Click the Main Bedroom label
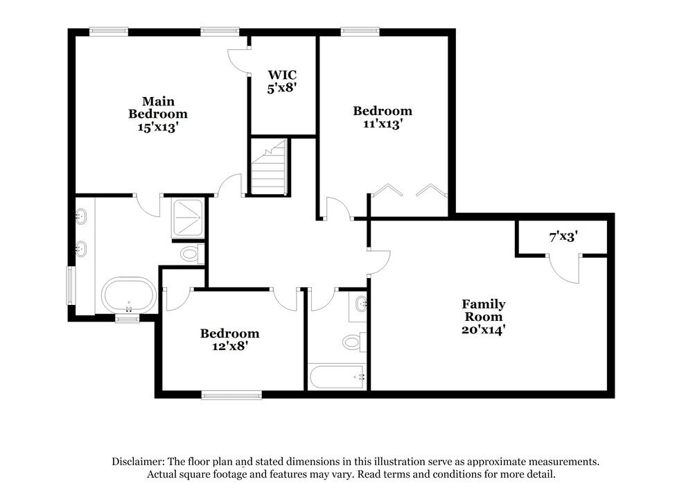click(157, 107)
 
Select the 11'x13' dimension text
click(382, 124)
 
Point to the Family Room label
click(484, 311)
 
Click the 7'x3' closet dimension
click(563, 237)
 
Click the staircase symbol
click(268, 167)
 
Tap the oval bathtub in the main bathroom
click(129, 297)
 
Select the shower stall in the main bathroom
click(186, 218)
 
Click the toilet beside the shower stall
click(190, 254)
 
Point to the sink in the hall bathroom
click(360, 304)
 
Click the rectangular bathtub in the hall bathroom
click(337, 378)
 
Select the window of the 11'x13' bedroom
click(360, 31)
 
